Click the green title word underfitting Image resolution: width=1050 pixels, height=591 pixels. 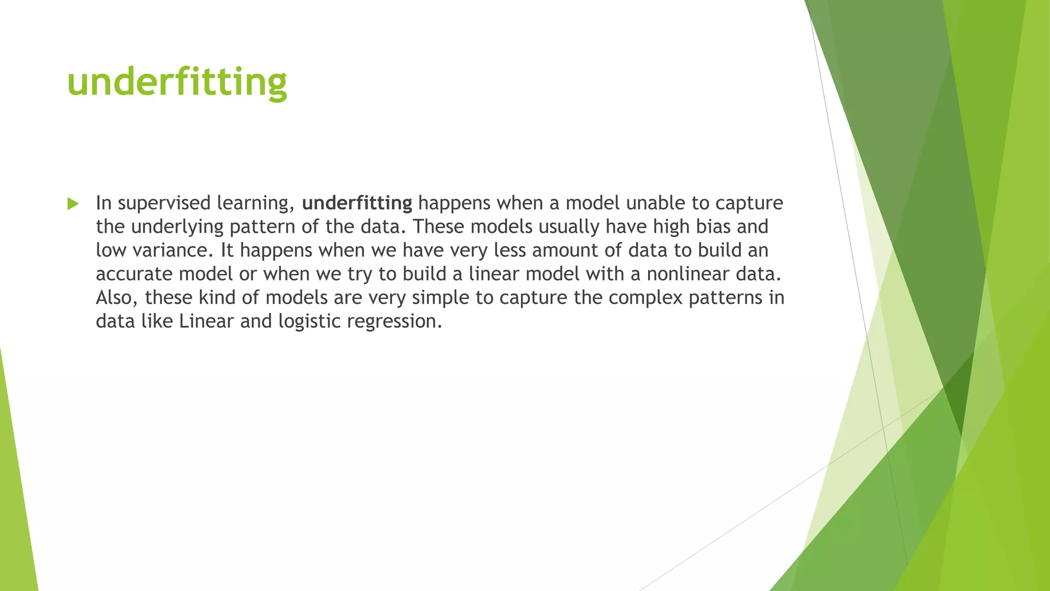(x=177, y=82)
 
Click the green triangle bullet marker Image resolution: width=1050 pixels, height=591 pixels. (x=73, y=204)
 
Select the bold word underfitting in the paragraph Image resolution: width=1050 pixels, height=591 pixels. (x=357, y=203)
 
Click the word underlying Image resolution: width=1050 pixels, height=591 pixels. (x=177, y=227)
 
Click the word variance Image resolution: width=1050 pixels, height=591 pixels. (x=172, y=250)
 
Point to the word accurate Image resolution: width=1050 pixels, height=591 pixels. (x=134, y=274)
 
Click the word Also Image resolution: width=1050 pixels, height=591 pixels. (x=117, y=298)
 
